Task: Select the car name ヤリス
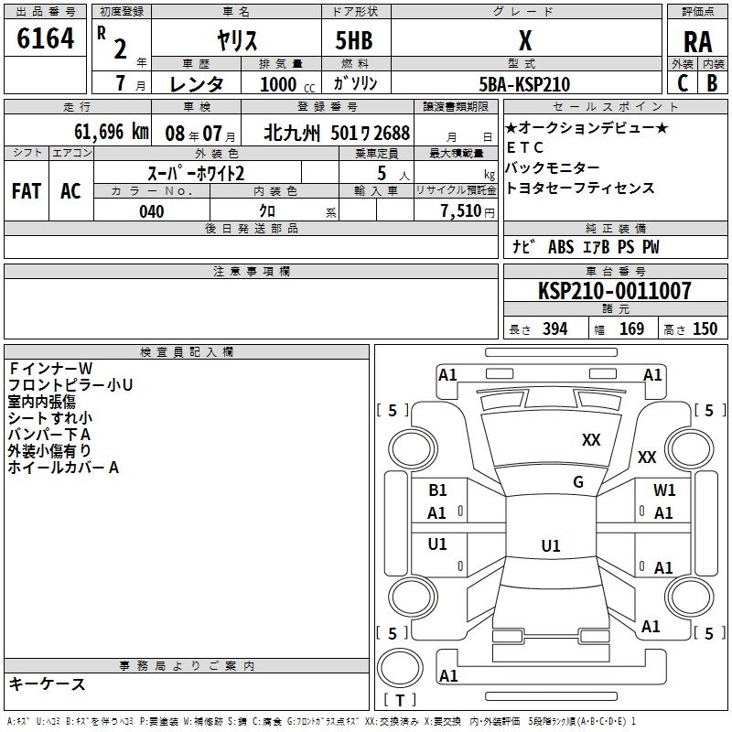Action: [x=236, y=40]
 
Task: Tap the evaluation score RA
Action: [x=697, y=41]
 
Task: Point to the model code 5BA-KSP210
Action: [x=524, y=84]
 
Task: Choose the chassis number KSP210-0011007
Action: [x=614, y=291]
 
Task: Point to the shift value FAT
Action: [x=26, y=190]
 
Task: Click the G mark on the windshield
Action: [x=578, y=482]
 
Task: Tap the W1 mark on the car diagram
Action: [x=664, y=490]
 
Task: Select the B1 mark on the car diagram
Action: [x=437, y=490]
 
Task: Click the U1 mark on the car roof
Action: [x=550, y=545]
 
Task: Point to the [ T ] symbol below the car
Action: [x=400, y=701]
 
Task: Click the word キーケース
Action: [x=48, y=684]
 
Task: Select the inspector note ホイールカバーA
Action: [x=64, y=468]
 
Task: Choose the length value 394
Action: [x=554, y=329]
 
